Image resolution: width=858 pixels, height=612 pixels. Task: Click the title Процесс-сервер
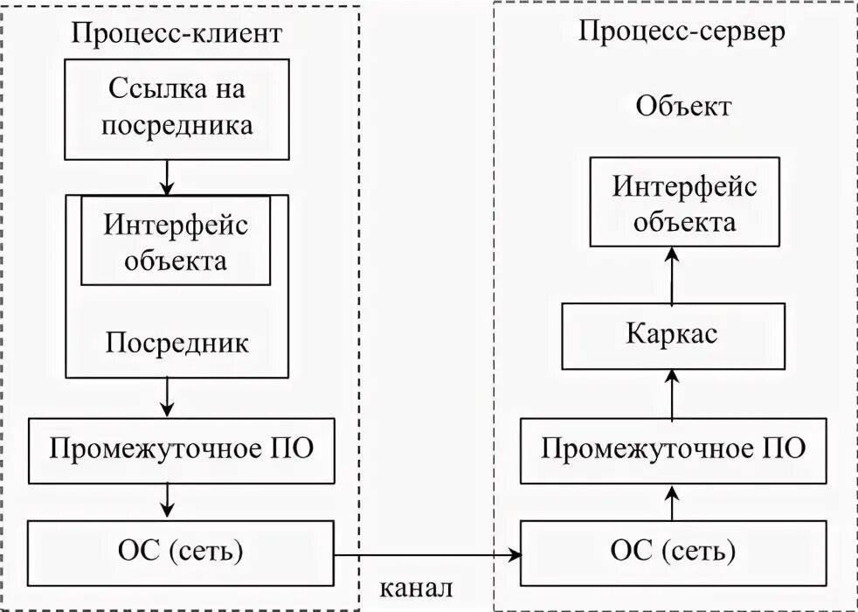[x=682, y=31]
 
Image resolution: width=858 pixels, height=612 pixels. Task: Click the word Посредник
[x=177, y=342]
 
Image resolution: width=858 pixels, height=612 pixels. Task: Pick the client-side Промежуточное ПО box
[x=182, y=450]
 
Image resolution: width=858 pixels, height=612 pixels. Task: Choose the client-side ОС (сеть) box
[x=182, y=553]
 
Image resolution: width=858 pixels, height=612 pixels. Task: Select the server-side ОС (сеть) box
[x=672, y=553]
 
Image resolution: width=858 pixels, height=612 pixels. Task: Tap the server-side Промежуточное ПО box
[x=672, y=450]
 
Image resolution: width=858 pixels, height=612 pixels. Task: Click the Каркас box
[x=672, y=336]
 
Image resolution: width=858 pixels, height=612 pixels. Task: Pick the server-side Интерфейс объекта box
[x=672, y=203]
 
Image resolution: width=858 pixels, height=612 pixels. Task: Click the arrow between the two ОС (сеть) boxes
[x=427, y=553]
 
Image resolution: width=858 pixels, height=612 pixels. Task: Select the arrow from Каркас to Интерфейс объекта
[x=672, y=275]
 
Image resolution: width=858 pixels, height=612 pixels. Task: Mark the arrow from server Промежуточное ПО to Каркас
[x=672, y=393]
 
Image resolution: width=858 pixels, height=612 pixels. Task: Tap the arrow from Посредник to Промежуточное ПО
[x=167, y=399]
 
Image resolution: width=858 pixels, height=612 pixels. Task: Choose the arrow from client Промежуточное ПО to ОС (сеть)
[x=167, y=501]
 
